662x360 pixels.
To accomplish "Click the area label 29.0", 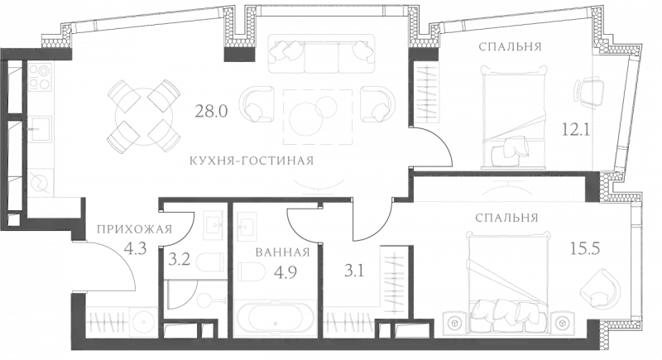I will pos(206,113).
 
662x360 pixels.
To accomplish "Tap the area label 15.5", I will pos(585,247).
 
